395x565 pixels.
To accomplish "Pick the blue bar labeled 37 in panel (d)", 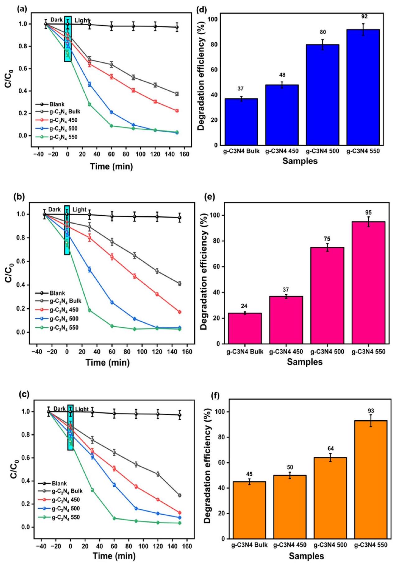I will (x=241, y=122).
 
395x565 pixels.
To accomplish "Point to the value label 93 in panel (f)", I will (x=370, y=411).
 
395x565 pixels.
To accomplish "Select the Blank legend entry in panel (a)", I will (x=57, y=105).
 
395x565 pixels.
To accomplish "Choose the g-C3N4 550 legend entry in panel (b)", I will (x=64, y=328).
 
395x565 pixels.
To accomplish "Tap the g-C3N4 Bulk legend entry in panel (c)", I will (x=67, y=491).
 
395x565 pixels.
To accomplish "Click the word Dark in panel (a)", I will (x=56, y=20).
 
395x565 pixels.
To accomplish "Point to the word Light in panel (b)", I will (x=79, y=210).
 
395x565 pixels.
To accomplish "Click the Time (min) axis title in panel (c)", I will (x=114, y=556).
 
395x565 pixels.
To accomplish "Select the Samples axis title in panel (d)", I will (x=300, y=161).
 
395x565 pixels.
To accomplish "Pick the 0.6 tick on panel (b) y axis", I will (x=21, y=262).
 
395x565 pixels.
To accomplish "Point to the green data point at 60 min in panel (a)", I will (x=111, y=126).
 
